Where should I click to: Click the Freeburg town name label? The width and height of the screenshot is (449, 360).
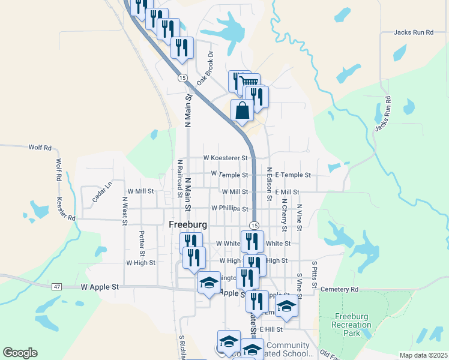pyautogui.click(x=188, y=225)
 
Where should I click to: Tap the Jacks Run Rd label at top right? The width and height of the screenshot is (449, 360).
pyautogui.click(x=414, y=32)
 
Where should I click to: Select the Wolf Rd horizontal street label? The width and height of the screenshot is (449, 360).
pyautogui.click(x=40, y=147)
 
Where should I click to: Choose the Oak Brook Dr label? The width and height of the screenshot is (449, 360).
pyautogui.click(x=205, y=68)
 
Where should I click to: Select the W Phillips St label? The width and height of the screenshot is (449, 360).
pyautogui.click(x=229, y=209)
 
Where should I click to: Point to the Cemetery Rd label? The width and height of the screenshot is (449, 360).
pyautogui.click(x=339, y=289)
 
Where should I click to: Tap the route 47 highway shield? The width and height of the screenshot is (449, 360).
pyautogui.click(x=56, y=287)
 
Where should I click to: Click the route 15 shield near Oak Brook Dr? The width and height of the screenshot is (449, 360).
pyautogui.click(x=182, y=78)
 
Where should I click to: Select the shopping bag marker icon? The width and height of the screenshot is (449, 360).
pyautogui.click(x=242, y=110)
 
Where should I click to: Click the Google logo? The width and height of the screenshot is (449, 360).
pyautogui.click(x=20, y=353)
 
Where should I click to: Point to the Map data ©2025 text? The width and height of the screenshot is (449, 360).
pyautogui.click(x=423, y=355)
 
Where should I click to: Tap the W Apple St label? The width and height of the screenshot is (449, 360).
pyautogui.click(x=100, y=287)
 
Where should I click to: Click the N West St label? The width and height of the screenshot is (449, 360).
pyautogui.click(x=125, y=211)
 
